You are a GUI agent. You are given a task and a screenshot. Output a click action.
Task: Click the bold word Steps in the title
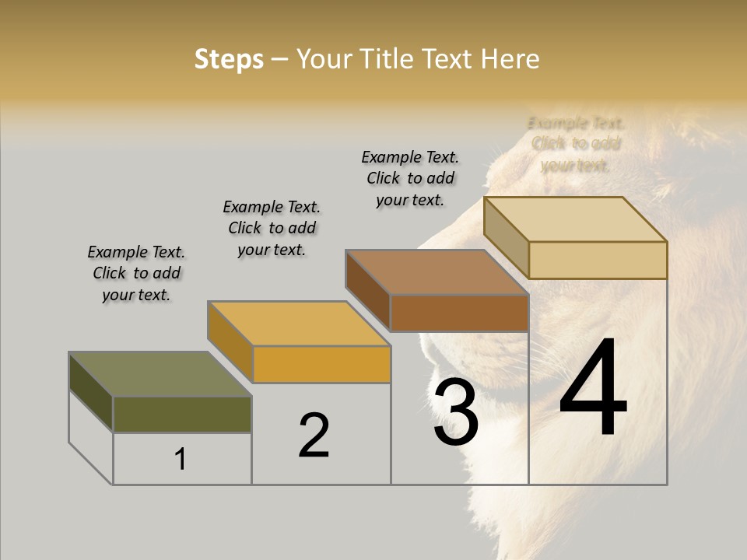click(x=229, y=59)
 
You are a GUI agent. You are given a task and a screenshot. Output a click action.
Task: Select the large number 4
click(x=593, y=389)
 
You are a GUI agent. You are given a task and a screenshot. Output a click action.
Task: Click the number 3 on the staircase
click(x=455, y=414)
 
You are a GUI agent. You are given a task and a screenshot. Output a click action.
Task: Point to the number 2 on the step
click(x=314, y=436)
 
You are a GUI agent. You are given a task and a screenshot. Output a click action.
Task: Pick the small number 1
click(x=181, y=460)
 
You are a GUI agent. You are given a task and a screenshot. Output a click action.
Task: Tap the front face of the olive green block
click(x=182, y=415)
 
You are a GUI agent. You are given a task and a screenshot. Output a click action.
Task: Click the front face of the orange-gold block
click(x=321, y=364)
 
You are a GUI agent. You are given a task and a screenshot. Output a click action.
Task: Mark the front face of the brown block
click(x=459, y=313)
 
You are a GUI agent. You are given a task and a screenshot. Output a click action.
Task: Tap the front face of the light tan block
click(x=598, y=260)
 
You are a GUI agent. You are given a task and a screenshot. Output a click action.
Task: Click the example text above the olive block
click(x=136, y=274)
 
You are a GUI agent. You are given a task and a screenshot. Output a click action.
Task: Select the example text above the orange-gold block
click(x=272, y=229)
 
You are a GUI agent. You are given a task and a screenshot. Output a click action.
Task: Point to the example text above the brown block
click(x=410, y=178)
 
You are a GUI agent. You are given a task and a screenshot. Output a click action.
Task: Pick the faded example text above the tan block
click(x=576, y=144)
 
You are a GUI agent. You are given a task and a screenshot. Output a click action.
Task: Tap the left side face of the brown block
click(x=367, y=289)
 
